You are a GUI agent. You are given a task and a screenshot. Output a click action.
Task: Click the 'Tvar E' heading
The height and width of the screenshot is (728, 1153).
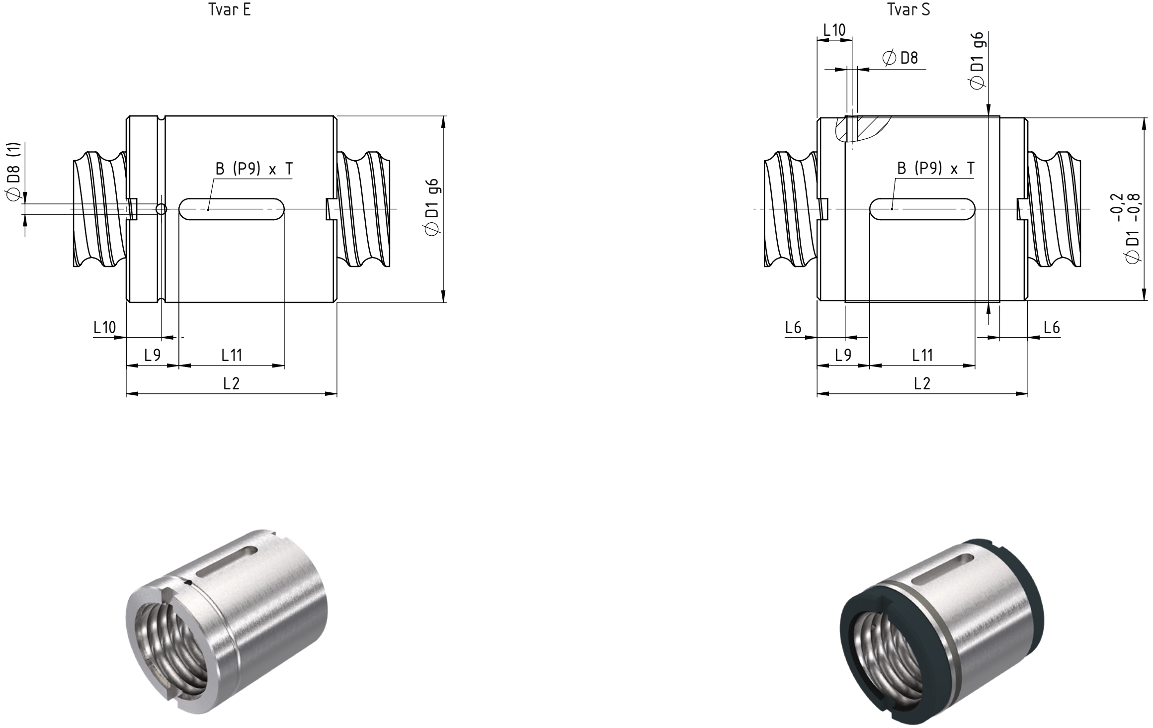click(230, 10)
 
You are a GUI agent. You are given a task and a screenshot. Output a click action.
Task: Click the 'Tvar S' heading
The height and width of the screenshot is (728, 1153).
click(909, 10)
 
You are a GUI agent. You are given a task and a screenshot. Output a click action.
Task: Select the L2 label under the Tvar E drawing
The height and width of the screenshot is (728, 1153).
click(232, 383)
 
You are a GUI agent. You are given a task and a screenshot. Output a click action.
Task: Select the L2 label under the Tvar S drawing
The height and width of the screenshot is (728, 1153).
click(922, 383)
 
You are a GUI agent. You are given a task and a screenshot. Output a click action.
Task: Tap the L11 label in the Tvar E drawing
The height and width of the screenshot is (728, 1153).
click(232, 355)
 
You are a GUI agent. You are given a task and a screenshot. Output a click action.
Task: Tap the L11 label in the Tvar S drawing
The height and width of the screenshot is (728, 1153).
click(922, 355)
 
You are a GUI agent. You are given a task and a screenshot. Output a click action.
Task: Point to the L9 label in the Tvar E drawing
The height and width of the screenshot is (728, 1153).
click(153, 355)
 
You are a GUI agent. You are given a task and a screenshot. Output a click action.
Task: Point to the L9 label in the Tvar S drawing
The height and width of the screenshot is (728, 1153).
click(843, 355)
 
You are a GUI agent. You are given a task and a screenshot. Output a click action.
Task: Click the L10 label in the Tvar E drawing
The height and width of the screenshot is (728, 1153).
click(105, 327)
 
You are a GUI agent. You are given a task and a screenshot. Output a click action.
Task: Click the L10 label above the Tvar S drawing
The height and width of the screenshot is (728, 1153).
click(834, 30)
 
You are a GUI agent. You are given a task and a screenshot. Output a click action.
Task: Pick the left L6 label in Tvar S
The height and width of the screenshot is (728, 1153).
click(793, 327)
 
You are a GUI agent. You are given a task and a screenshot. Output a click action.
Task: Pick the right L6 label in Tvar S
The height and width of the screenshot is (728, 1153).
click(1052, 327)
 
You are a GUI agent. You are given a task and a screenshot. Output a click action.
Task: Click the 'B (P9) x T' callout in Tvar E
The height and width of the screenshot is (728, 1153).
click(254, 169)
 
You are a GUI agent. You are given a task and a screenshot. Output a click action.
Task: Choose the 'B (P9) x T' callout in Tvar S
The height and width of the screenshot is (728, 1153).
click(936, 169)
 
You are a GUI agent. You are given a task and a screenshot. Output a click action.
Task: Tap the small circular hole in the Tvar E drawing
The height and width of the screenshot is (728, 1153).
click(161, 209)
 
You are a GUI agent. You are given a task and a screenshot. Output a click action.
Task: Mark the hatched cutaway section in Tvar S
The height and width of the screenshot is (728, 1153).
click(862, 129)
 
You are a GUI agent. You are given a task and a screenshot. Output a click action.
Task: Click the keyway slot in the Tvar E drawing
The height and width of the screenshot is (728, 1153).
click(231, 209)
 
